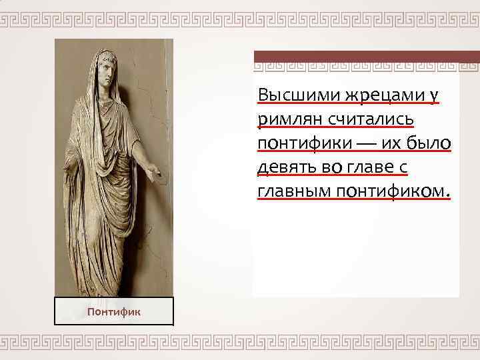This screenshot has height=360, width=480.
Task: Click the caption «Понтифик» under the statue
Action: pos(113,311)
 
